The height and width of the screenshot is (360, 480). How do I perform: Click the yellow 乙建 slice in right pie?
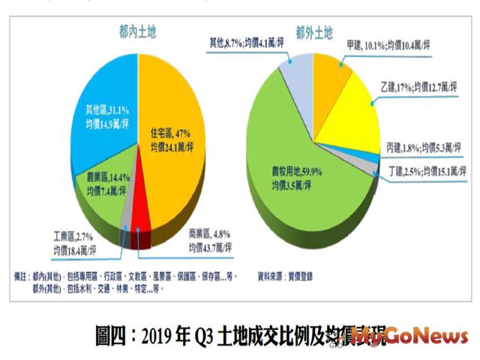point(352,112)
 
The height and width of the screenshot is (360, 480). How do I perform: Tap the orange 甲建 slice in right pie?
point(330,75)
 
